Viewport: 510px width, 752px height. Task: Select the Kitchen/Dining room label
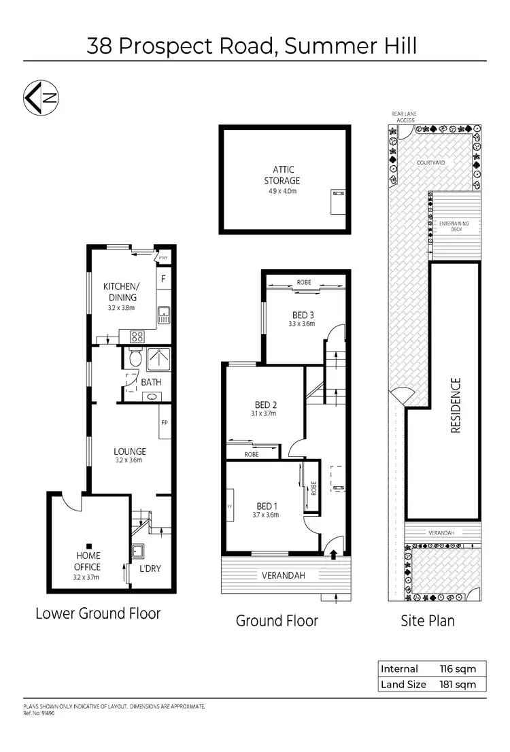pos(120,292)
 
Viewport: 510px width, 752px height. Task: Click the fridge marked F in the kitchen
pos(163,278)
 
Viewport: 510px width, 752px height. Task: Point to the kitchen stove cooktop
pos(135,335)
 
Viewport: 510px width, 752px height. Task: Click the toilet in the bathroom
pos(133,358)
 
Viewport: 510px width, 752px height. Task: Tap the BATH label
pos(151,382)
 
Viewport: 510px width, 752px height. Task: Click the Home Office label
pos(87,562)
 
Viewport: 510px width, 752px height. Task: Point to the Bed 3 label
pos(302,314)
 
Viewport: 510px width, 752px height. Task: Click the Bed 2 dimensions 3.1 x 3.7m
pos(265,413)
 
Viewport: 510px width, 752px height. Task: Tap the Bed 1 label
pos(265,505)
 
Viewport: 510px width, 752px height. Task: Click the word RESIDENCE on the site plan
pos(456,405)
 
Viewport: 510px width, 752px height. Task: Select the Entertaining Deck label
pos(454,226)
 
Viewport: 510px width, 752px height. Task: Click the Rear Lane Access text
pos(403,116)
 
